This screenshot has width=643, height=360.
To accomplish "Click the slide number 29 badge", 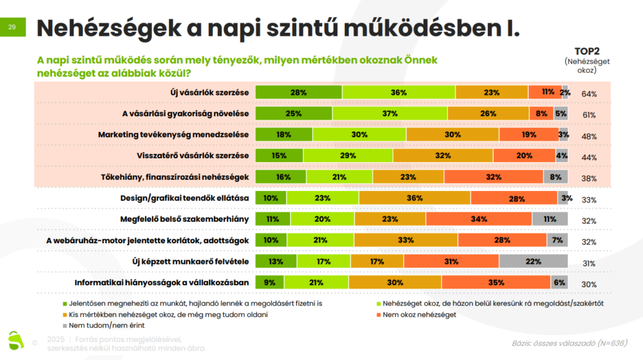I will click(13, 28).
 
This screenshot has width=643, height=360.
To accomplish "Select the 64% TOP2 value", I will click(588, 94).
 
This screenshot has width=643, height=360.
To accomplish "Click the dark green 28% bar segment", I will click(299, 92).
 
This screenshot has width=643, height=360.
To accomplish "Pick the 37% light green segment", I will click(390, 113).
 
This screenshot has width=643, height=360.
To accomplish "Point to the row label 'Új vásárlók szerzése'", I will click(210, 92).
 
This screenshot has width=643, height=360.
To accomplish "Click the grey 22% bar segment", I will click(533, 261).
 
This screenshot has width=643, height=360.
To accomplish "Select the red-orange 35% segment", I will click(496, 283).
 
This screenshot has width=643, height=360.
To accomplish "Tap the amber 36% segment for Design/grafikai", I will click(414, 198).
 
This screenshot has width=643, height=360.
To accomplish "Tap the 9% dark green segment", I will click(270, 283).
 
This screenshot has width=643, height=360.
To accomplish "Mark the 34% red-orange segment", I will click(478, 219).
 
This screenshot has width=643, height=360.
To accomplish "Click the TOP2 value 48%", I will click(588, 136).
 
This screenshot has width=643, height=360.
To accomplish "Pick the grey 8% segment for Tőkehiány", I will click(555, 177).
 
